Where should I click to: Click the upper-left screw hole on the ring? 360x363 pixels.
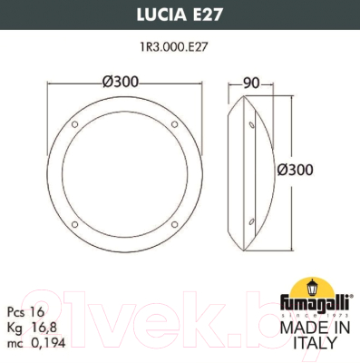[x=75, y=124]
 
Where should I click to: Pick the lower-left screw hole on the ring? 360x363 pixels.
[x=75, y=218]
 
